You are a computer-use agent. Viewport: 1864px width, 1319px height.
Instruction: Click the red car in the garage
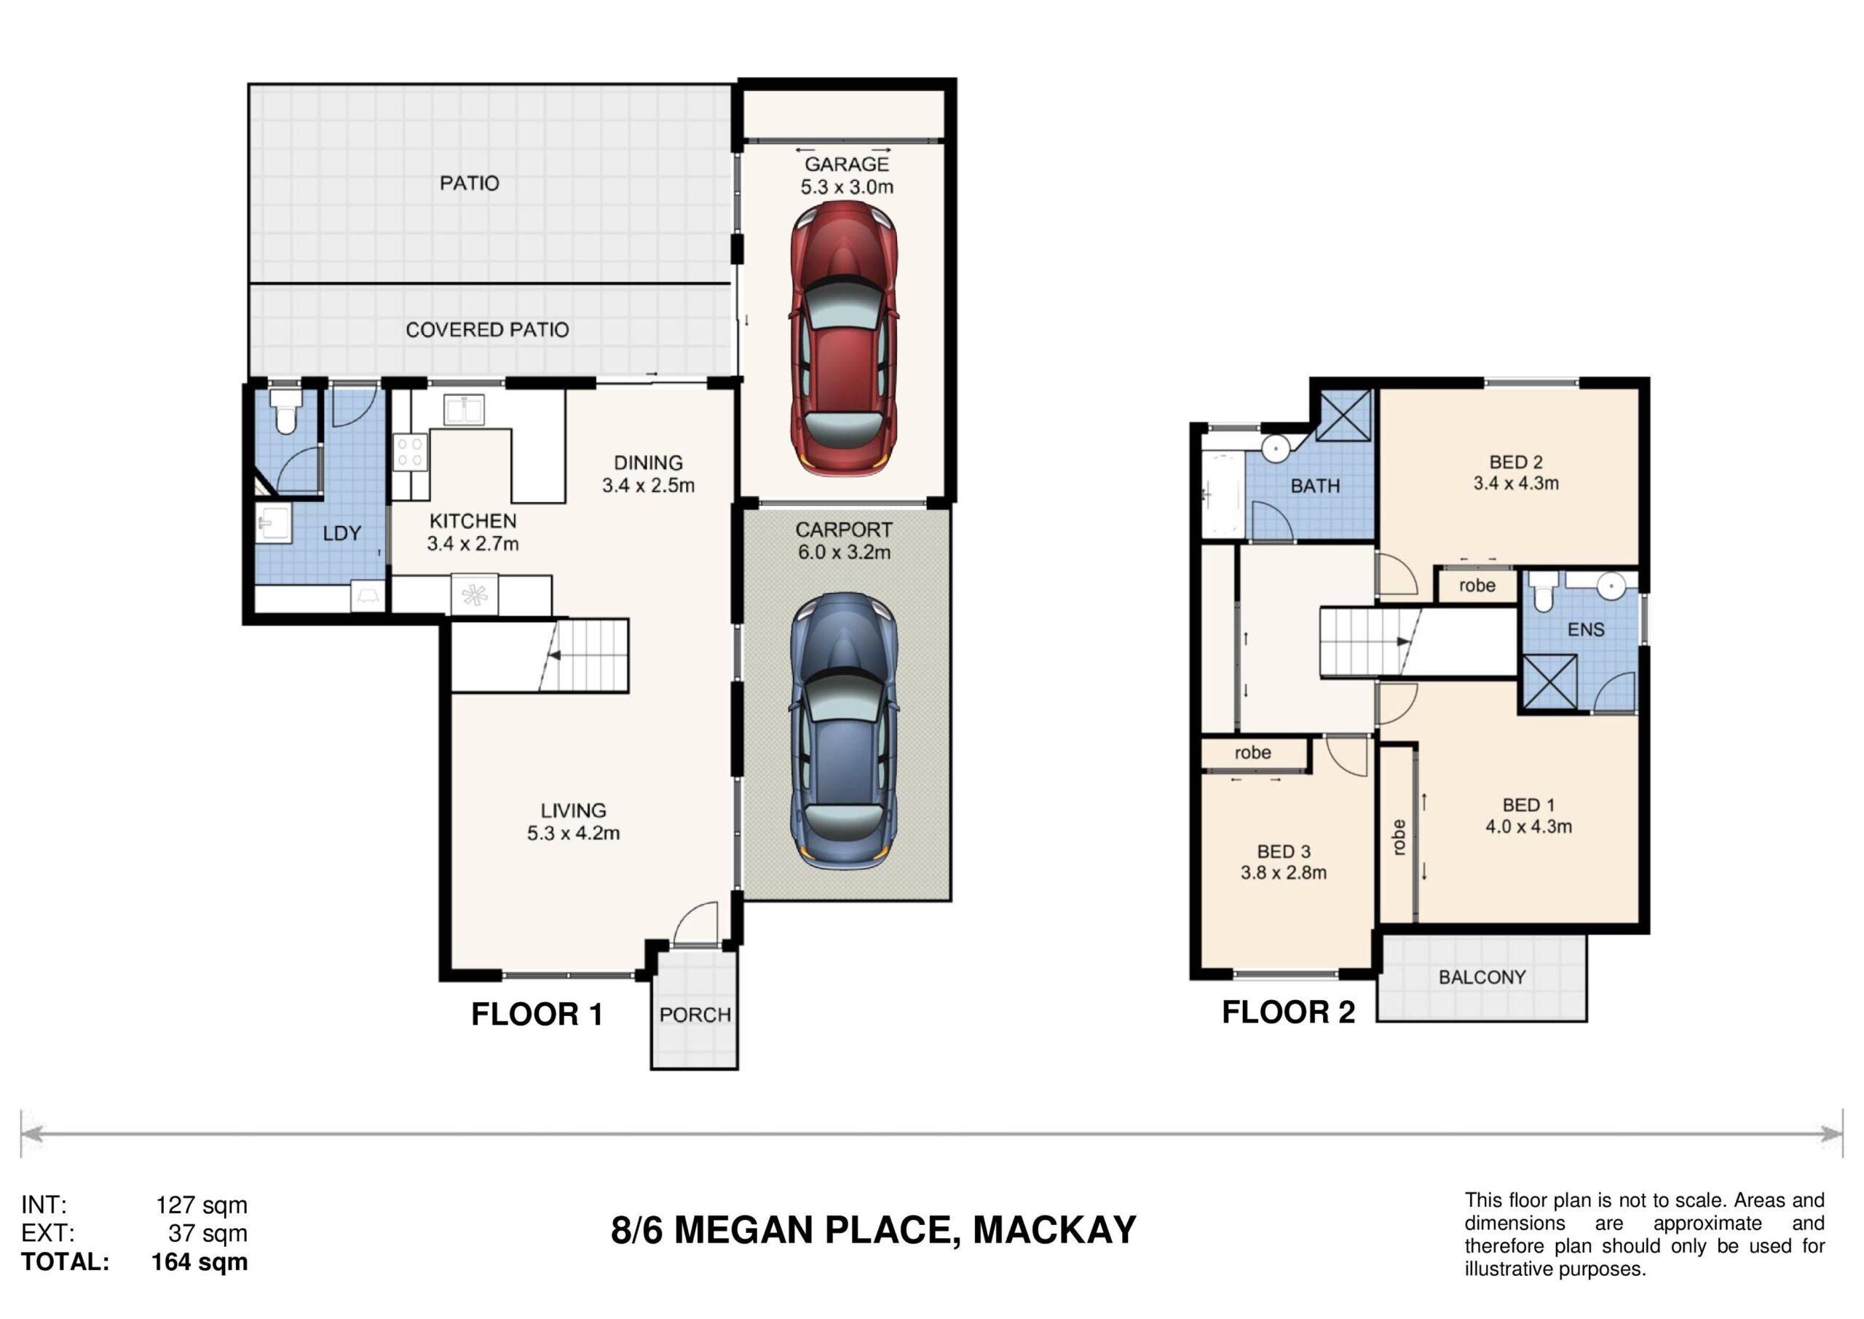(845, 338)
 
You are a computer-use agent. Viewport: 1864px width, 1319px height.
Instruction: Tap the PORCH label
(695, 1015)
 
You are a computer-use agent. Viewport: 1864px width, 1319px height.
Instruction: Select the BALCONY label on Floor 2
(1482, 977)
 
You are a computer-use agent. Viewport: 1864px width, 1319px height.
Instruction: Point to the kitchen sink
(464, 410)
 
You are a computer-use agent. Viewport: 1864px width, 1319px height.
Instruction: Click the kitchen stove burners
(410, 452)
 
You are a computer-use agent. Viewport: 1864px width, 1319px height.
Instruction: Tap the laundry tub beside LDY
(273, 523)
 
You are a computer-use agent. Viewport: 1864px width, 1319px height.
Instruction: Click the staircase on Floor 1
(540, 655)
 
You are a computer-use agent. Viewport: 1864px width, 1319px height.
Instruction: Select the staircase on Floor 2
(1370, 642)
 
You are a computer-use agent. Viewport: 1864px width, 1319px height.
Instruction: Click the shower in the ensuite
(1549, 683)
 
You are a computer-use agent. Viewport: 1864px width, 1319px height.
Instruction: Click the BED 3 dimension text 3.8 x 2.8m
(1284, 873)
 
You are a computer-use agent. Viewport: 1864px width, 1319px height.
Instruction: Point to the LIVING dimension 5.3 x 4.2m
(573, 833)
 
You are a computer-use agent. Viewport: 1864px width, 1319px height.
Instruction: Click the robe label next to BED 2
(1477, 586)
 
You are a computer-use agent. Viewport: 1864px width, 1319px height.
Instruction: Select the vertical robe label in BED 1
(1398, 838)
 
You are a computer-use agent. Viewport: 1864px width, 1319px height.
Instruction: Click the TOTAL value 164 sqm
(200, 1262)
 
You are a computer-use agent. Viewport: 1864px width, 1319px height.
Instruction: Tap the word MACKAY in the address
(1054, 1230)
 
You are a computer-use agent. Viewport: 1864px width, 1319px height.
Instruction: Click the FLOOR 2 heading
(1288, 1013)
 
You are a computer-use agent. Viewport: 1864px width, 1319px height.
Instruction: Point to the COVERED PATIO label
(487, 330)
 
